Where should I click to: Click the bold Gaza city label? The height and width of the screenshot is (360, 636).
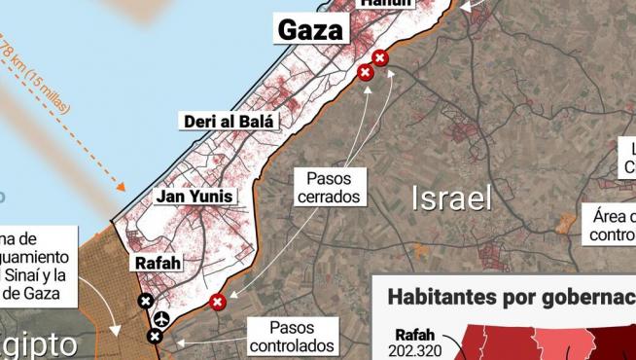click(311, 30)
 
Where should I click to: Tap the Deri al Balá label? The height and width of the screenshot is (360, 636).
click(230, 122)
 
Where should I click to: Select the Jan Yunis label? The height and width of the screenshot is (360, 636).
click(194, 198)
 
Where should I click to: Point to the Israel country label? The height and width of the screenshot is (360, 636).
click(452, 198)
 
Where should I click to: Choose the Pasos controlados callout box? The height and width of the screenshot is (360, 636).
click(292, 337)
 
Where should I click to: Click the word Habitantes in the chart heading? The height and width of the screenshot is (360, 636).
click(437, 297)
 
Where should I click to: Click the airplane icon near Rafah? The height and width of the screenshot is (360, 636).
click(161, 318)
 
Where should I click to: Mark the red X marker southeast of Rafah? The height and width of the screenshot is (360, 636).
click(218, 302)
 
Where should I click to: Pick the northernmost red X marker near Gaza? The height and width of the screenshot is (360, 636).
click(380, 58)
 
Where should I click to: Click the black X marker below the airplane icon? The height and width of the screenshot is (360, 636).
click(155, 337)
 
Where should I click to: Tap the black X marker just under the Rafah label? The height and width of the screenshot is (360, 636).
click(146, 302)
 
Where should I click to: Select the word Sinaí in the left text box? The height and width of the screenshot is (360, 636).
click(35, 274)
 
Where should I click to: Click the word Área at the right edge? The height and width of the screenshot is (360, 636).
click(607, 216)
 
